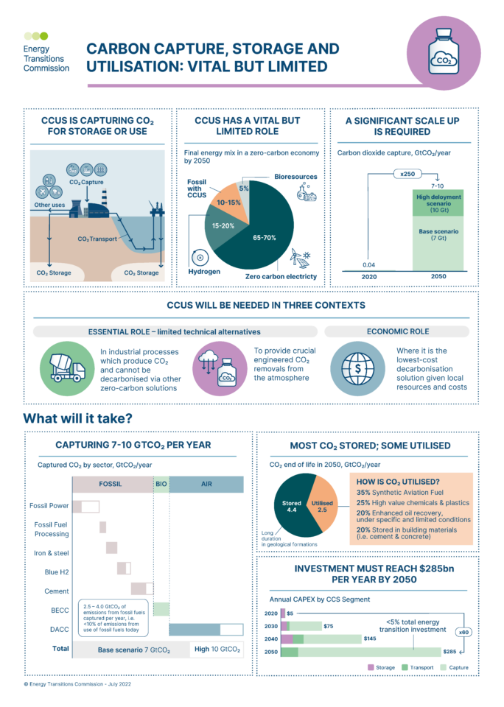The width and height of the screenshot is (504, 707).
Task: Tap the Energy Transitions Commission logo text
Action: [x=46, y=58]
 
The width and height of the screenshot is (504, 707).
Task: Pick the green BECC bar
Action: [x=161, y=609]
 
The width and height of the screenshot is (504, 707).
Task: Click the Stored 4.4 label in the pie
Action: [x=292, y=507]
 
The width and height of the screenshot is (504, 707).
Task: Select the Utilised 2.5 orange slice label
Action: [x=325, y=506]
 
